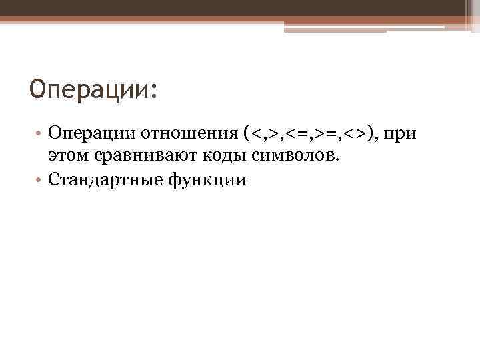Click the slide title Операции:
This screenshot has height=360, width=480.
click(x=94, y=89)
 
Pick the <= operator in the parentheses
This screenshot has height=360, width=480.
click(x=297, y=135)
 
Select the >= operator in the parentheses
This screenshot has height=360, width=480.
click(x=330, y=135)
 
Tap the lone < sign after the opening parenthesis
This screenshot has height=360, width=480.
click(x=257, y=135)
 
